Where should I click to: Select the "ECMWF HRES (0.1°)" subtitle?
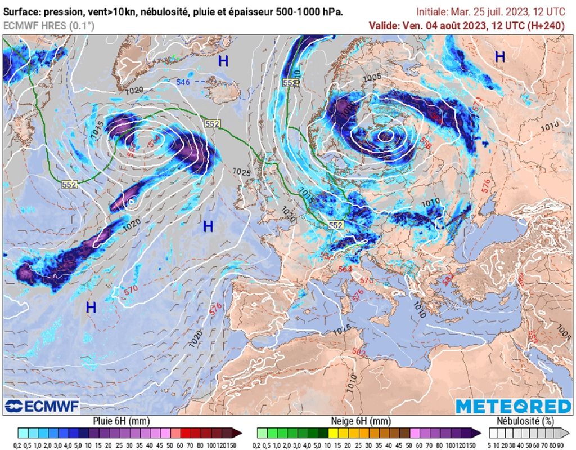click(49, 26)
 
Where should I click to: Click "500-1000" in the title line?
click(286, 12)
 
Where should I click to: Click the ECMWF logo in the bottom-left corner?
click(43, 406)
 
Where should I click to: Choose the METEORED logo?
click(513, 407)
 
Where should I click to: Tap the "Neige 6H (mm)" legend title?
click(361, 421)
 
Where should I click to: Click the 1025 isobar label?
click(241, 171)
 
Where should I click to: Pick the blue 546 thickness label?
click(183, 83)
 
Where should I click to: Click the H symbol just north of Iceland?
click(223, 61)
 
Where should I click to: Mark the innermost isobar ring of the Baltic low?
click(386, 135)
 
